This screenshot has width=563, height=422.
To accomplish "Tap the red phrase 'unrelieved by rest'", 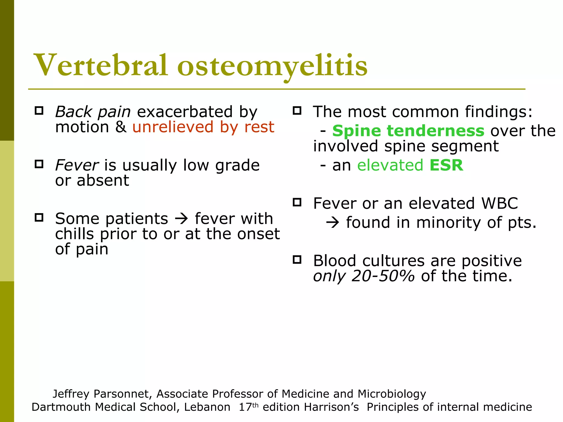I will click(x=203, y=127).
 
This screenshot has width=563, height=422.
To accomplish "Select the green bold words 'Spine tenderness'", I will click(x=408, y=131).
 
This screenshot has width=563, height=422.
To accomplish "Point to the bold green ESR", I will click(x=446, y=165).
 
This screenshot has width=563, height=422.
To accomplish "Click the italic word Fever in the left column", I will click(x=76, y=165).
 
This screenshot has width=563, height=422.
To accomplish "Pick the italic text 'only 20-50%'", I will click(x=364, y=276).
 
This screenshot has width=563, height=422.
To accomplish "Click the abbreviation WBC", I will click(x=499, y=204).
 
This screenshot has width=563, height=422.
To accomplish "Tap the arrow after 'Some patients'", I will click(x=181, y=219).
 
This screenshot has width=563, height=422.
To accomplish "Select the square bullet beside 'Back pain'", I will click(x=39, y=111).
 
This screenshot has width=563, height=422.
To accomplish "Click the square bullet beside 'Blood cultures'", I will click(x=297, y=260).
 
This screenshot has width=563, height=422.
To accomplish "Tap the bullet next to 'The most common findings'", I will click(x=297, y=111).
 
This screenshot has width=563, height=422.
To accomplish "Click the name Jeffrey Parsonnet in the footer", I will click(x=102, y=394).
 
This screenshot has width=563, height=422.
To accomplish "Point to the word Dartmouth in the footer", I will click(x=61, y=407).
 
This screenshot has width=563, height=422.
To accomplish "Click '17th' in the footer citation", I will click(x=249, y=407).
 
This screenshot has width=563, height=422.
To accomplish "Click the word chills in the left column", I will click(x=74, y=234).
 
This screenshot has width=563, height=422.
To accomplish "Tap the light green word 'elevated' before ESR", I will click(x=390, y=165).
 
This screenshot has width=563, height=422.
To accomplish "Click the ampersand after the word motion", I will click(x=121, y=127).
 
